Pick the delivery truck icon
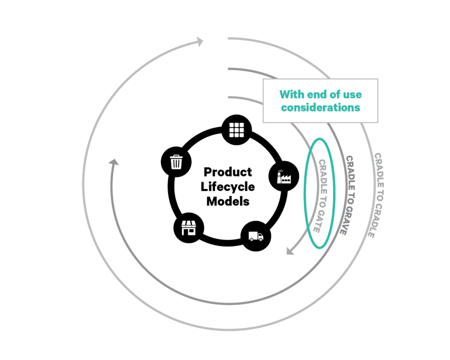256,237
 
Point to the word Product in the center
228,171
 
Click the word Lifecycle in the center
228,186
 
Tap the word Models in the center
228,202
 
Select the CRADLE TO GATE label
322,195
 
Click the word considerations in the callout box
320,107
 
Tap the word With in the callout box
292,95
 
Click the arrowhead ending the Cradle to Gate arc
290,251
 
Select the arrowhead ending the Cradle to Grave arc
113,162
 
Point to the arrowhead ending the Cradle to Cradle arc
199,42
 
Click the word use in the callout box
352,95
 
